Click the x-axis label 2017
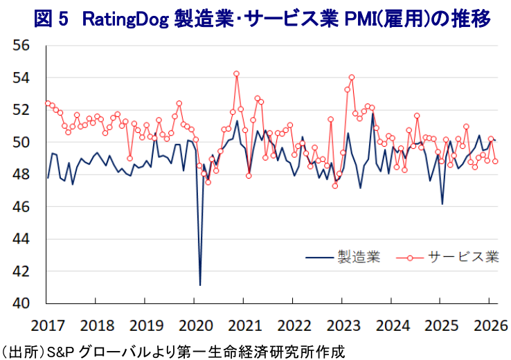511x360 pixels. click(46, 325)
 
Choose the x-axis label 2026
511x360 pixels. click(489, 325)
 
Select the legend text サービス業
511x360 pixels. click(463, 257)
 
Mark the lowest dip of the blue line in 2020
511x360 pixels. click(200, 285)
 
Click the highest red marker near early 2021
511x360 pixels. click(237, 73)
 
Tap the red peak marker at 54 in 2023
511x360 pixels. click(352, 77)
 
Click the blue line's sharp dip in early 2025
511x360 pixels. click(442, 204)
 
